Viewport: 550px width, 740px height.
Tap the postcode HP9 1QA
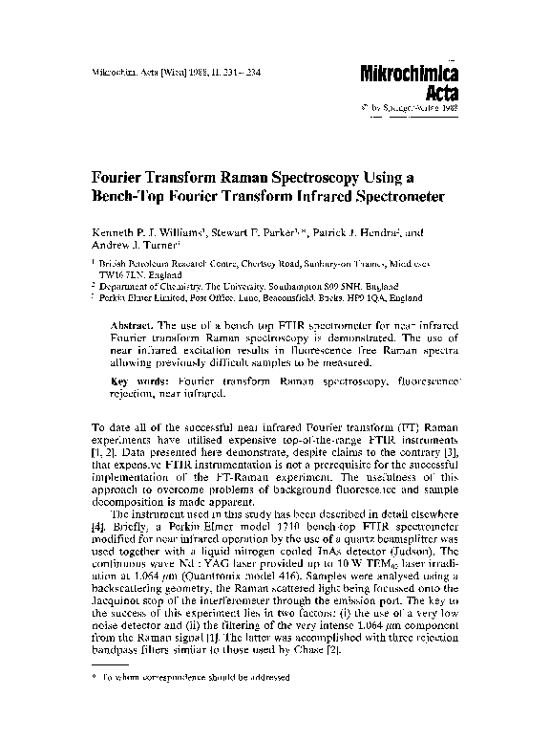point(378,298)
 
